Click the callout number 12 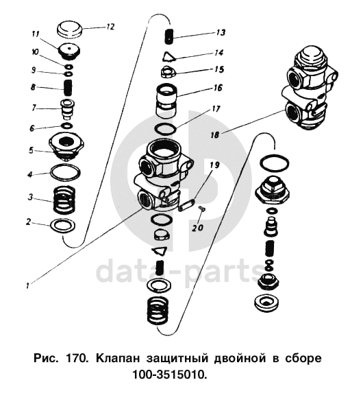(110, 27)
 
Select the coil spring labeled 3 (64, 200)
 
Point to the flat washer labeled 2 (63, 226)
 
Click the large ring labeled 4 (65, 172)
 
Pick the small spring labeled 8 (68, 88)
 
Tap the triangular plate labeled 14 (169, 56)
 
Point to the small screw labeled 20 (202, 209)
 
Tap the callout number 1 (27, 285)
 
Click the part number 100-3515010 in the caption (169, 375)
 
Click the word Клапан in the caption (118, 358)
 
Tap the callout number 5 (31, 150)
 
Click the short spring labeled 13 (169, 36)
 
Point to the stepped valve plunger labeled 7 (68, 109)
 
